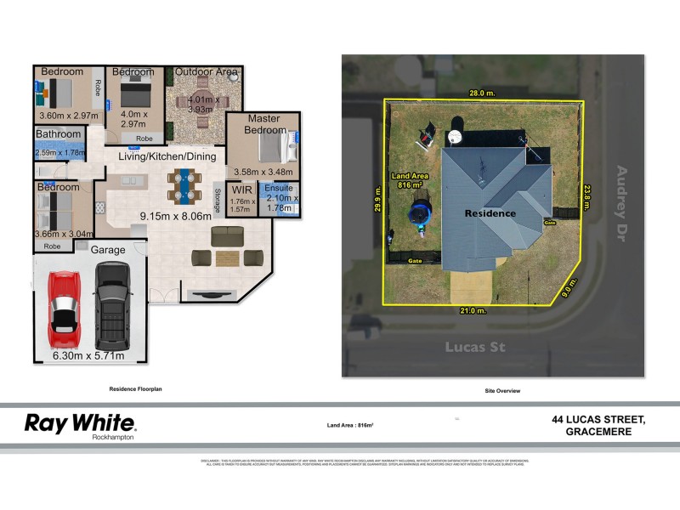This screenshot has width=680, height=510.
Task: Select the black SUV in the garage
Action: point(112,302)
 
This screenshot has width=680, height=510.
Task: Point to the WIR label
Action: point(242,190)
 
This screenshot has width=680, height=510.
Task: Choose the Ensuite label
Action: point(278,188)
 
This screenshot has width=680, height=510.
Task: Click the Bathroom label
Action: point(59,134)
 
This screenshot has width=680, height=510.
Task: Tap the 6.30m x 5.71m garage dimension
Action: point(88,356)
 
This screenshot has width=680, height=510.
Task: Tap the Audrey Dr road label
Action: point(626,195)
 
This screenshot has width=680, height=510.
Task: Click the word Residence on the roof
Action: point(490,213)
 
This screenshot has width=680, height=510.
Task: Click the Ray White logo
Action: point(80,423)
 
